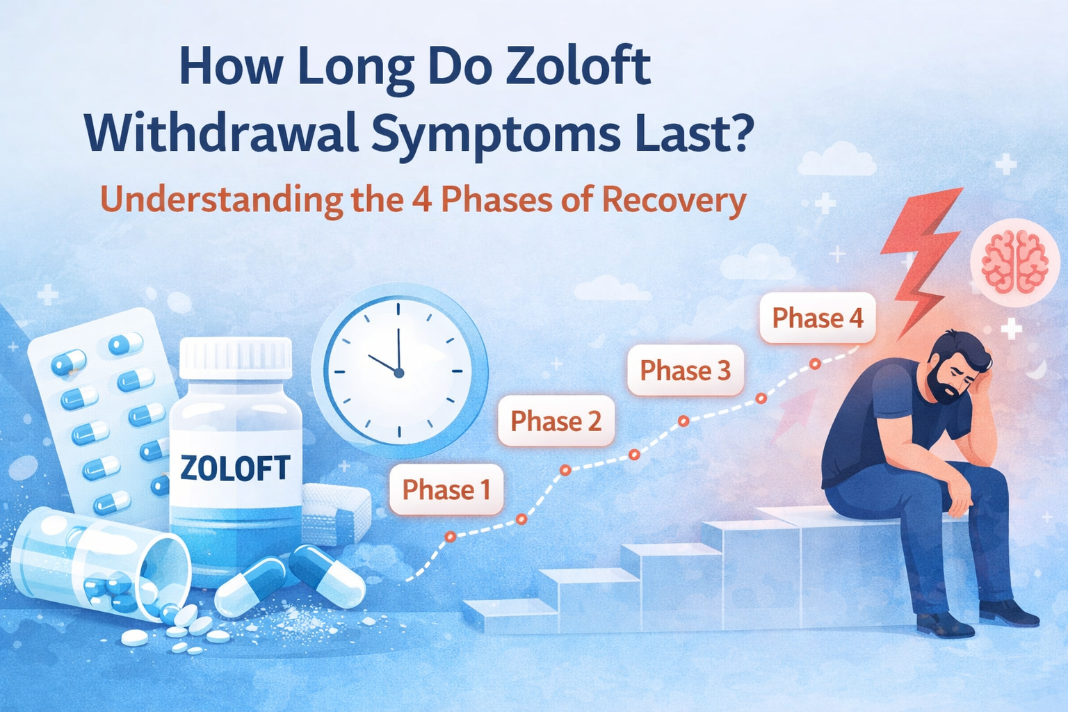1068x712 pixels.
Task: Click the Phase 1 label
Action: coord(446,489)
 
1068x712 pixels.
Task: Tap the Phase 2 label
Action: coord(556,421)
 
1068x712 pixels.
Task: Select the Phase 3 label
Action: coord(685,370)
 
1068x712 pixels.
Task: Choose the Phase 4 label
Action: coord(817,318)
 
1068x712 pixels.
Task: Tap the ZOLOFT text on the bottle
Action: coord(235,468)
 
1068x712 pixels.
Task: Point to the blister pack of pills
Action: coord(104,410)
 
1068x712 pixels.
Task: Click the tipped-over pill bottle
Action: coord(97,563)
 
